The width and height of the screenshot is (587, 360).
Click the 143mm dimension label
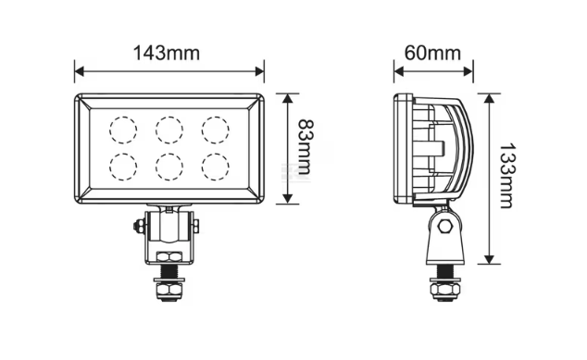[x=167, y=53]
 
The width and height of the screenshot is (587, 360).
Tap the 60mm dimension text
[x=432, y=53]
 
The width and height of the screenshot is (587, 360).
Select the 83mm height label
[x=304, y=147]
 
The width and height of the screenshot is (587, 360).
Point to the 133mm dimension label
[x=507, y=175]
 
